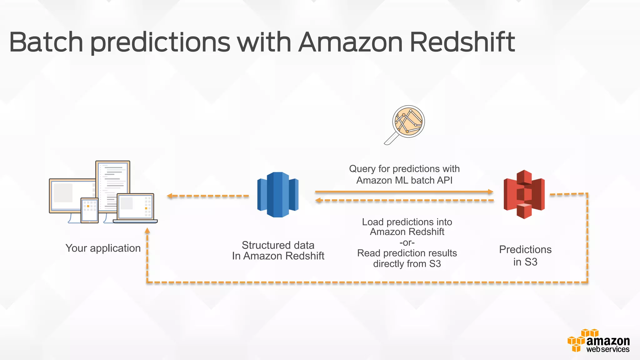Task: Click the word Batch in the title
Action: coord(46,42)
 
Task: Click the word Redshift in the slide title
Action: coord(462,42)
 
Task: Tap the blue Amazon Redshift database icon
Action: coord(278,194)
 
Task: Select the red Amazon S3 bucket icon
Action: coord(524,194)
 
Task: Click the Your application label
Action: coord(103,248)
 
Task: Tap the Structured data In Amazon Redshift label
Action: coord(278,251)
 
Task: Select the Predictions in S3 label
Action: coord(525,256)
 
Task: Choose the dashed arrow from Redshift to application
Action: coord(208,196)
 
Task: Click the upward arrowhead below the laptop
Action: coord(147,231)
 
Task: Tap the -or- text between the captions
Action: coord(407,242)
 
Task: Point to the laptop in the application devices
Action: coord(135,208)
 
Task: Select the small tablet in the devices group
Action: coord(89,210)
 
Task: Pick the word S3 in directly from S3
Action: coord(435,264)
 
